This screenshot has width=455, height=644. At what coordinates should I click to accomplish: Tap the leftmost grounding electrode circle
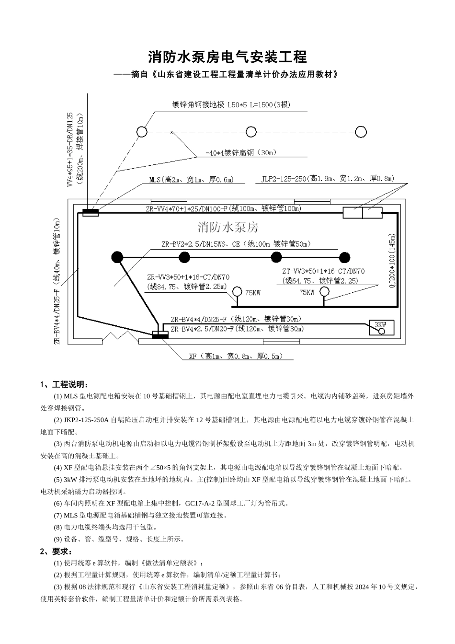click(x=141, y=132)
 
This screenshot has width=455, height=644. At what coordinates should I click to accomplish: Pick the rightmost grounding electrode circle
click(x=361, y=132)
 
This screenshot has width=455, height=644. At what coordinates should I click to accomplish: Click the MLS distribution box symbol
click(x=90, y=212)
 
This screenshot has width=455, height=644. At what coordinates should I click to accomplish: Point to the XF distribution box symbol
click(x=159, y=334)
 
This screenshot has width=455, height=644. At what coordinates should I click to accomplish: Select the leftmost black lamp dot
click(x=117, y=257)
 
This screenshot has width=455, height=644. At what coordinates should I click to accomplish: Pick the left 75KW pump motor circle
click(x=237, y=291)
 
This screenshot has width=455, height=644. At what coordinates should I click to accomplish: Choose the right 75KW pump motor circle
click(x=325, y=291)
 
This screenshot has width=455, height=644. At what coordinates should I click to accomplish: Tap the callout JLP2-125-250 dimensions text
click(x=328, y=179)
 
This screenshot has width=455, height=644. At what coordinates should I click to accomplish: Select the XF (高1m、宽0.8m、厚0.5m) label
click(x=236, y=356)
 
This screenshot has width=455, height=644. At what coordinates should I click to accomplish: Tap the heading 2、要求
click(x=56, y=551)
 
